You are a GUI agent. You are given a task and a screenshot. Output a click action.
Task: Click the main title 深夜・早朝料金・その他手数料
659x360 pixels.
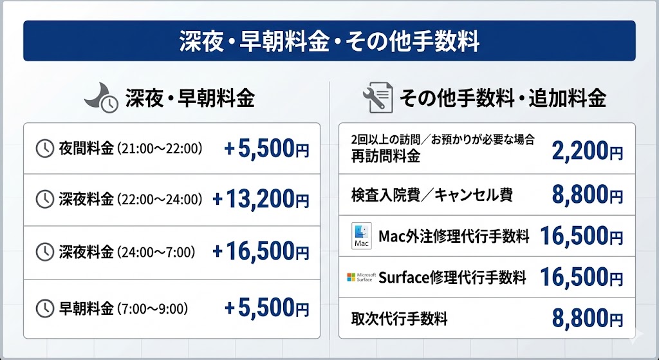pos(329,41)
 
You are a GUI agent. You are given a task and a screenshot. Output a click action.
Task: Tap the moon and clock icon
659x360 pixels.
pos(102,99)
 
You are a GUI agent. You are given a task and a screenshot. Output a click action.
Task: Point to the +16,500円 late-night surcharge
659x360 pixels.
pos(261,251)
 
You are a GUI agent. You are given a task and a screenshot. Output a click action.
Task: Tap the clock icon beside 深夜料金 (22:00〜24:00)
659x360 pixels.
pos(44,200)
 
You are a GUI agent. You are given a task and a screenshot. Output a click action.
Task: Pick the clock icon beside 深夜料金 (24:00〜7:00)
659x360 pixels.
pos(44,251)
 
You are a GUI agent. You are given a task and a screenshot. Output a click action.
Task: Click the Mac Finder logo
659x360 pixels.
pos(361,236)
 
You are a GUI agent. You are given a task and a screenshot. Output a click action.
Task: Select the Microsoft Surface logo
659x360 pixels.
pos(360,277)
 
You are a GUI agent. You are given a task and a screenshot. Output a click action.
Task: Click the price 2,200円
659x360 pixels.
pos(587,151)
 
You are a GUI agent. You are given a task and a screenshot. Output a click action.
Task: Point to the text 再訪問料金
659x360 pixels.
pos(385,156)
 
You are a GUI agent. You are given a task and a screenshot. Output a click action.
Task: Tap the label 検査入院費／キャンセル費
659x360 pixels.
pos(432,195)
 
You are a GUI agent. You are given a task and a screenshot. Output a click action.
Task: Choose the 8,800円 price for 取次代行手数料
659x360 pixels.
pos(587,318)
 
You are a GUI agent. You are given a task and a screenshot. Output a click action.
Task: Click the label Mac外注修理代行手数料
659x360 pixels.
pos(454,236)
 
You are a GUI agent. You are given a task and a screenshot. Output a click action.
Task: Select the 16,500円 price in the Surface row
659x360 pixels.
pos(581,277)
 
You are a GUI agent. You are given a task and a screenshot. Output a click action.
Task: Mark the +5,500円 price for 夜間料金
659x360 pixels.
pos(266,149)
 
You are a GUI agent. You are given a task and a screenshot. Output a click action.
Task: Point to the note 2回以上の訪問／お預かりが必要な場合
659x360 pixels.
pos(443,140)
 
